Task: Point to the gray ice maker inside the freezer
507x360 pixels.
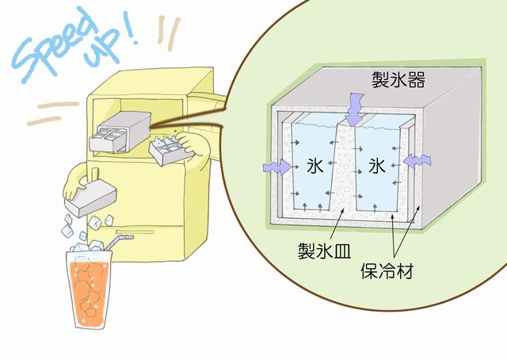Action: (119, 130)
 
